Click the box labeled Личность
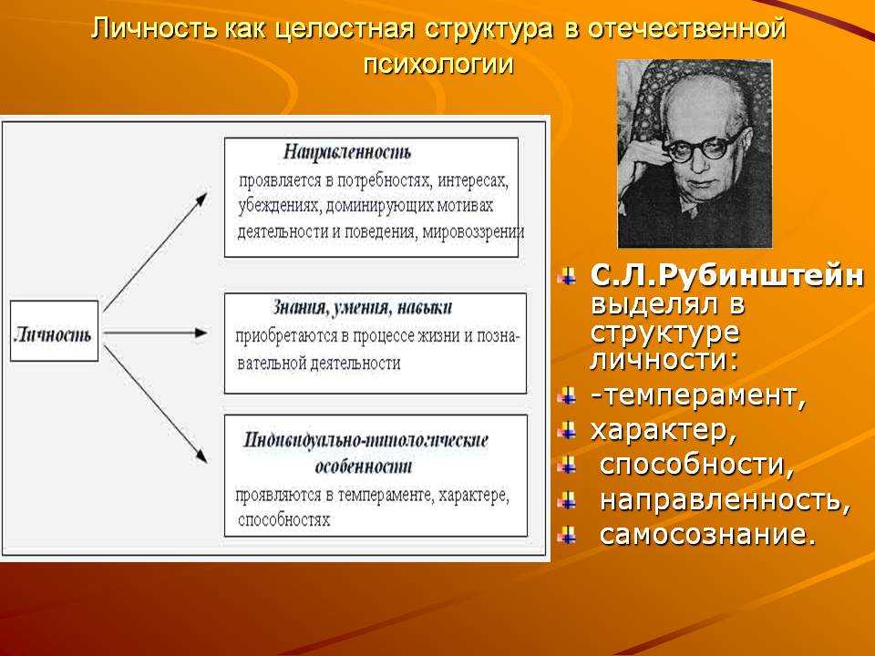(x=54, y=331)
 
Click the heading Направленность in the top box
(x=347, y=152)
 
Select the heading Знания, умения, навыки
(x=362, y=307)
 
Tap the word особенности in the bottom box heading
(x=364, y=466)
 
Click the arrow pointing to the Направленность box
(x=156, y=251)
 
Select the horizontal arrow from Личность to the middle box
(x=155, y=333)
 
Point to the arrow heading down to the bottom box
(x=156, y=405)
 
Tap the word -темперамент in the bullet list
(x=698, y=395)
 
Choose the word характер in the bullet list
(x=663, y=431)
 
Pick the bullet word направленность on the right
(x=725, y=500)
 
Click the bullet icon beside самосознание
(x=568, y=535)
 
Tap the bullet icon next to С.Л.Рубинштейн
(x=568, y=276)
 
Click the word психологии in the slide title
(x=438, y=64)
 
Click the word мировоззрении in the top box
(x=473, y=231)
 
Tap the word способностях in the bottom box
(x=284, y=520)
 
